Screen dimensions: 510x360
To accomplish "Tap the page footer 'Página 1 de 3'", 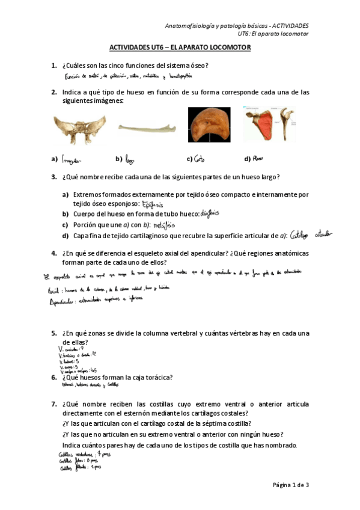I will pyautogui.click(x=290, y=485).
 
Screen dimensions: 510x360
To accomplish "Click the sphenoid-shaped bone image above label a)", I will pyautogui.click(x=79, y=129).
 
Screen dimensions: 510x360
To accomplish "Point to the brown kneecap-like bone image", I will pyautogui.click(x=210, y=126).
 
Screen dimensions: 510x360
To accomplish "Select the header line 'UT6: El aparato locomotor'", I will pyautogui.click(x=273, y=34).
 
